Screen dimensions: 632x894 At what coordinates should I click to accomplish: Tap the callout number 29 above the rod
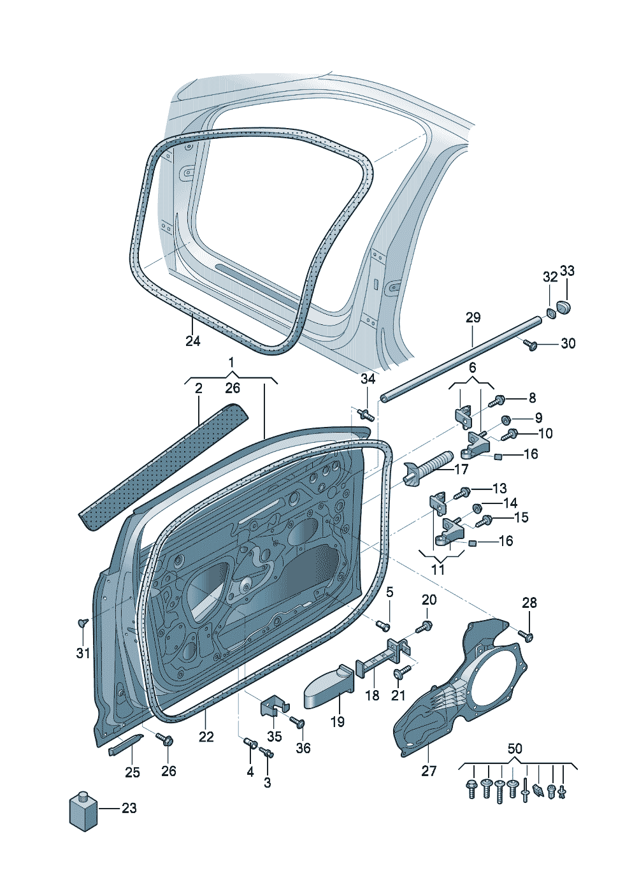[x=473, y=318]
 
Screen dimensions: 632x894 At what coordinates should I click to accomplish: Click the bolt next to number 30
[x=529, y=344]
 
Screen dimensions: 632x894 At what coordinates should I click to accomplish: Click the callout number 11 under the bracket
[x=438, y=569]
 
